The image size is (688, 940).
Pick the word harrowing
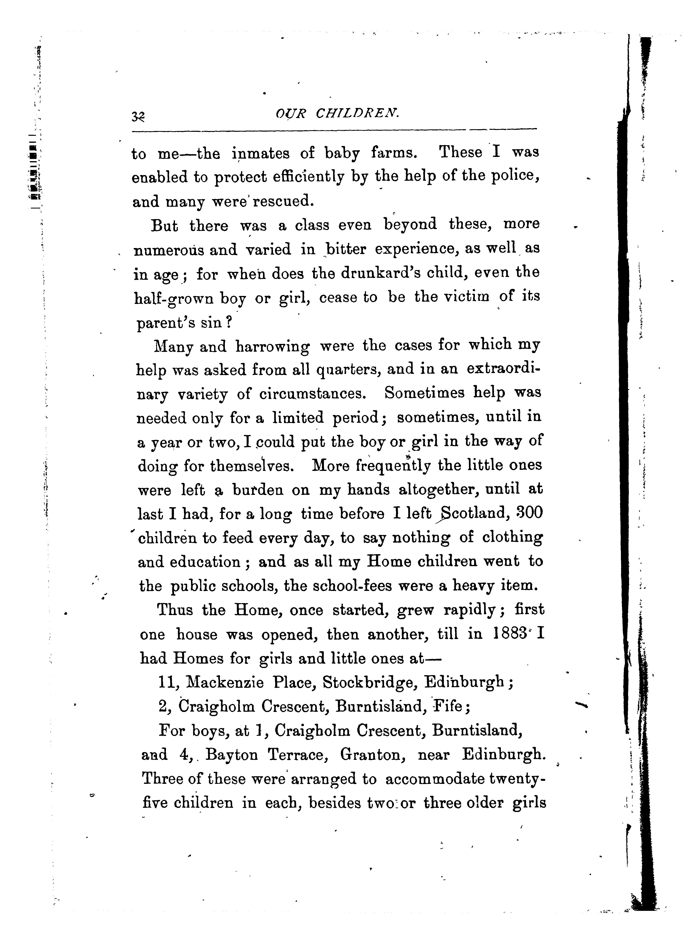[x=273, y=346]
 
